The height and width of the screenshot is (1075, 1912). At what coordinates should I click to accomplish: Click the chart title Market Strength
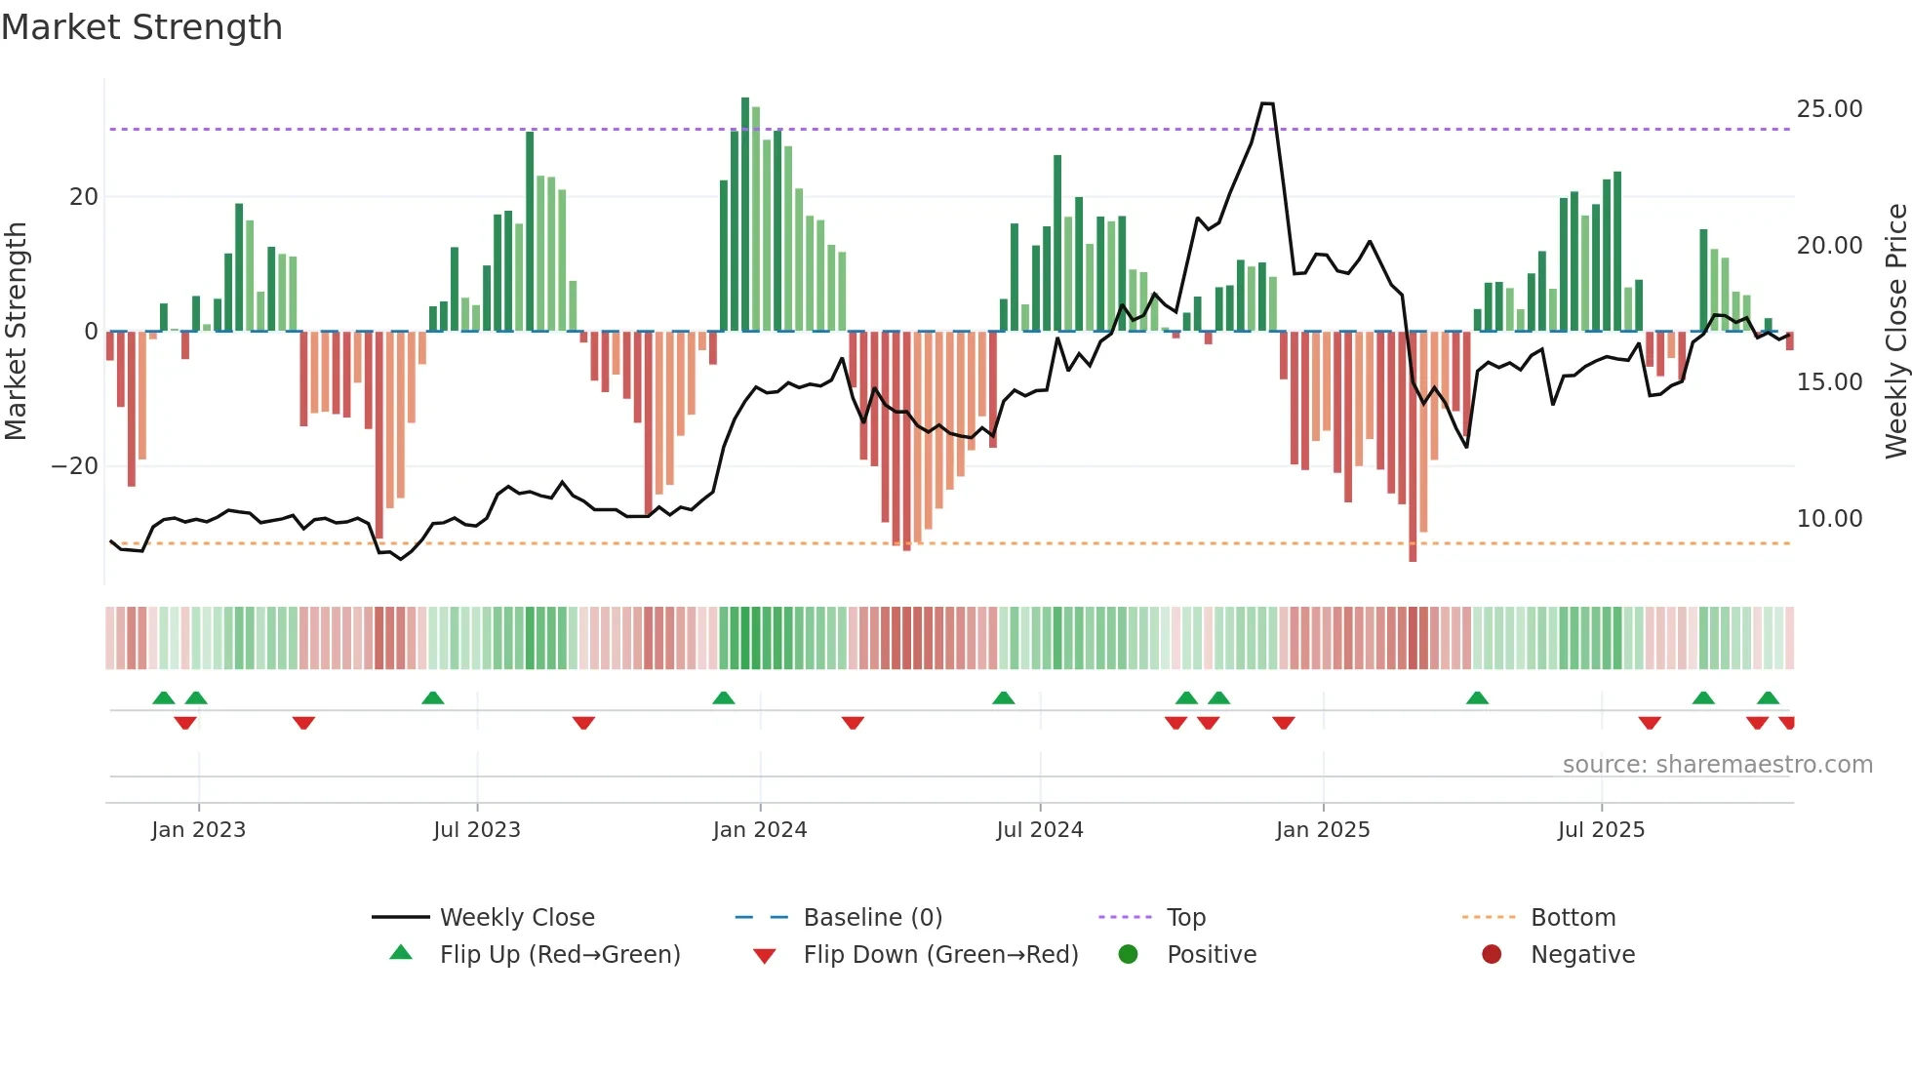(141, 27)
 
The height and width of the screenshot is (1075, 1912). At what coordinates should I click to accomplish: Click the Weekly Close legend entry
(516, 918)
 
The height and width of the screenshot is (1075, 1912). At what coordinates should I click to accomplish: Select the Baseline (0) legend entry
(872, 918)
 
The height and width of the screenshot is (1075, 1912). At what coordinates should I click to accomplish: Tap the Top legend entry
(1185, 918)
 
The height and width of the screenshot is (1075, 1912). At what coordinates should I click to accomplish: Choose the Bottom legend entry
(1573, 918)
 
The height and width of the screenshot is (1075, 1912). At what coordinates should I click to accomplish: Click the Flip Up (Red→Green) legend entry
(559, 955)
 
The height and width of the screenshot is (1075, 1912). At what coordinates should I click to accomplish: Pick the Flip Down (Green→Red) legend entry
(940, 955)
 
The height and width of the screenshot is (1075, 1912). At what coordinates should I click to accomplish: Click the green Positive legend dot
(1129, 955)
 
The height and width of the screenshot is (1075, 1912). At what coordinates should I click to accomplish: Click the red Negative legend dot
(1492, 955)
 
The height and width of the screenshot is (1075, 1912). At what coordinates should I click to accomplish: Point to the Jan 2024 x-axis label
(760, 830)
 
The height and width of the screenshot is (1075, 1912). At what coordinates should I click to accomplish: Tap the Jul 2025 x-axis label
(1601, 830)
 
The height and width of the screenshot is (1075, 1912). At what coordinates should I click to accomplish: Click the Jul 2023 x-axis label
(477, 830)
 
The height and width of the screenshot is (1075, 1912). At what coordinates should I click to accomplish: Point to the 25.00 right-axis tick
(1829, 109)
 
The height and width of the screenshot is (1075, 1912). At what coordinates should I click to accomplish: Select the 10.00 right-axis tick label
(1829, 519)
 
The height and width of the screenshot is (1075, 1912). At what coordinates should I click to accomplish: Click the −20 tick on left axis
(74, 466)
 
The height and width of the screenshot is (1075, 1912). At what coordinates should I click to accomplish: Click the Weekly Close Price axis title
(1895, 332)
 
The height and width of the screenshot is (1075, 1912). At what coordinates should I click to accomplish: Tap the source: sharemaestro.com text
(1717, 765)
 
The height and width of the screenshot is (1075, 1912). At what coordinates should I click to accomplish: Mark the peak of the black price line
(1266, 103)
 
